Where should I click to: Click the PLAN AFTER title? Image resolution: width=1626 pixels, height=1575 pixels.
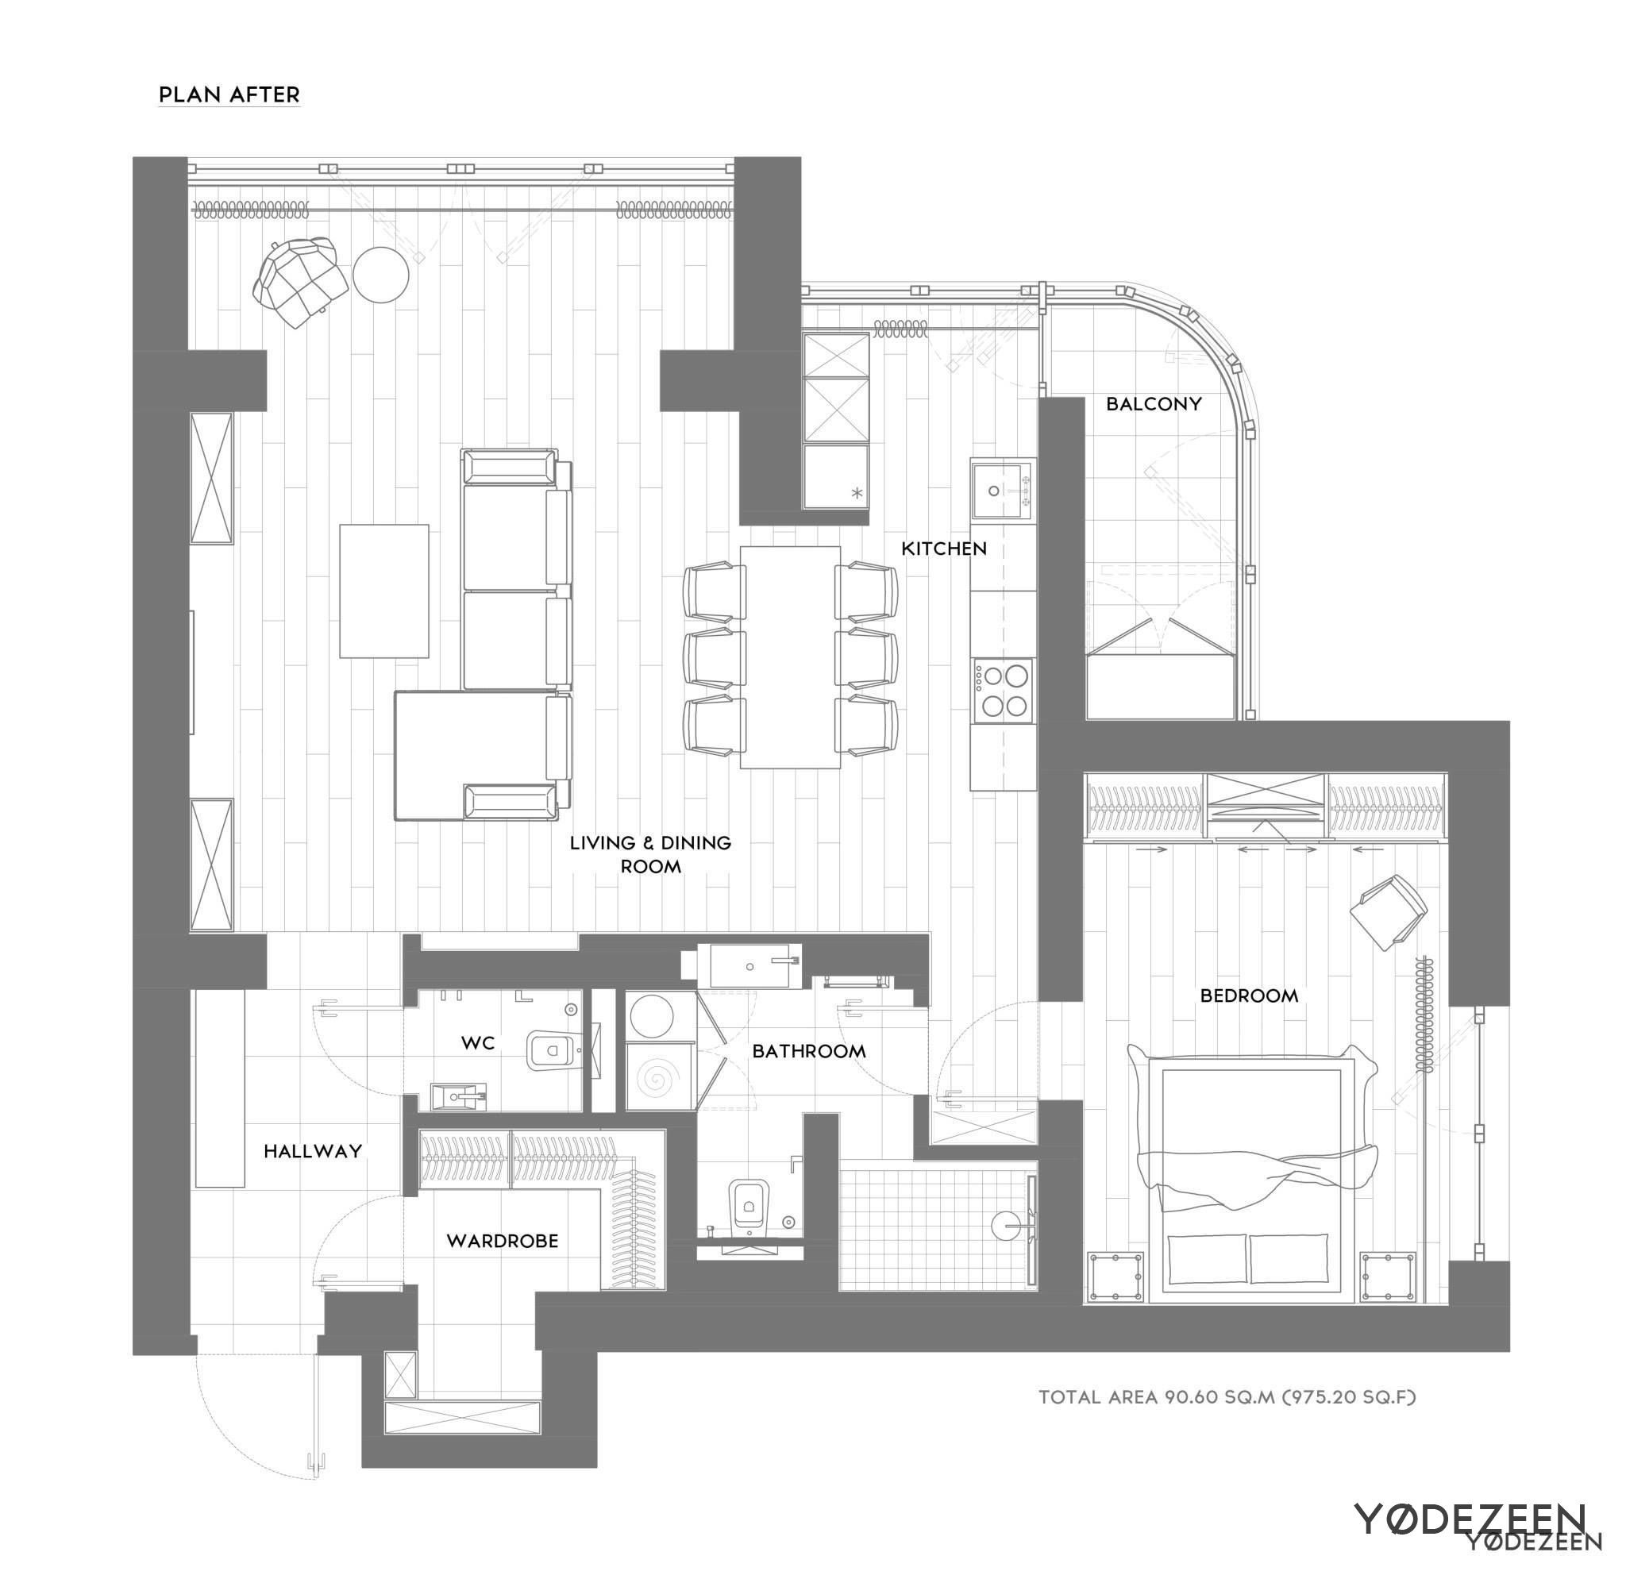(229, 94)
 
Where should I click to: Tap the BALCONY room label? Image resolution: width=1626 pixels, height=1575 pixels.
(1153, 404)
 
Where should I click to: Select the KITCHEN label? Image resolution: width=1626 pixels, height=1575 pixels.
(943, 549)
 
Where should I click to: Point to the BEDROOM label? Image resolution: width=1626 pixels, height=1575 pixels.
(1249, 995)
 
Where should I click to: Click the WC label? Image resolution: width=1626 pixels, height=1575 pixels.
(478, 1043)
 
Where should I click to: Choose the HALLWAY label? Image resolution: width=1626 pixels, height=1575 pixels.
(313, 1151)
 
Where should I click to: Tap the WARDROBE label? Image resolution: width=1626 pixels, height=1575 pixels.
(502, 1241)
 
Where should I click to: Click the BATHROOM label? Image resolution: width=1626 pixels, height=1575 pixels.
(808, 1052)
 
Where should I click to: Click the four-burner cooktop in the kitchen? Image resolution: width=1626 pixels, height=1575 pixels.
(1004, 690)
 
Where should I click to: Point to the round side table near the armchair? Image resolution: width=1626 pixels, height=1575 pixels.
(381, 275)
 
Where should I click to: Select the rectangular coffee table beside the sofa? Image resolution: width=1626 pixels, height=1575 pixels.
(383, 591)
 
